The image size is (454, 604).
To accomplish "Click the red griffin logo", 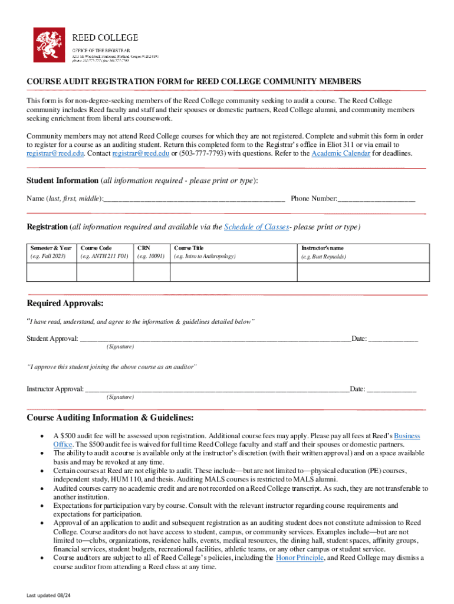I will click(x=49, y=43).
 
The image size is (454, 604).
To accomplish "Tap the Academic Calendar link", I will click(x=341, y=153).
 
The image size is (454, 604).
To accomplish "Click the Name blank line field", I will click(x=194, y=199).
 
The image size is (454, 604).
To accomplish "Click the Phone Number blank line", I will click(x=376, y=199).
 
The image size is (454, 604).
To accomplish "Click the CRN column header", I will click(x=144, y=248).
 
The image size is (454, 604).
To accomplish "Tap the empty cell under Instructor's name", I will click(x=362, y=272).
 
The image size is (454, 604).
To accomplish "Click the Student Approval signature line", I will click(x=215, y=339).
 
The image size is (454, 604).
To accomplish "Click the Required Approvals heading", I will click(x=65, y=303).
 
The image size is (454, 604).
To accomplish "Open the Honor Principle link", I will click(x=300, y=558).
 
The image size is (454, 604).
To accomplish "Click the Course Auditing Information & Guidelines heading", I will click(x=110, y=418).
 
